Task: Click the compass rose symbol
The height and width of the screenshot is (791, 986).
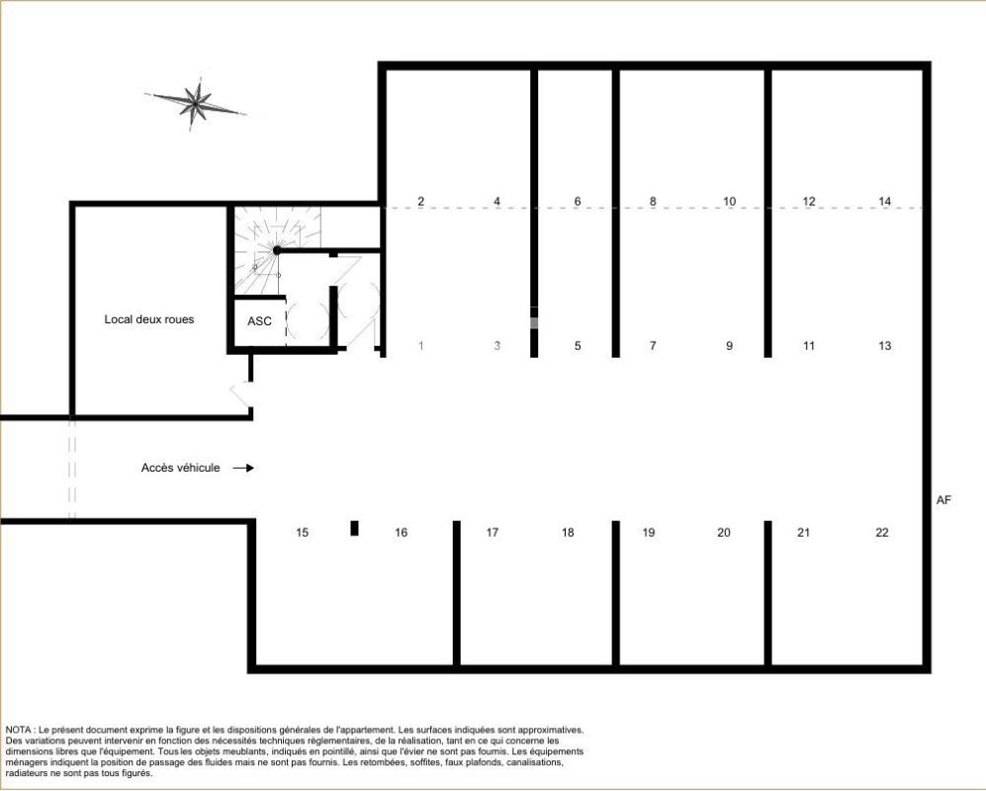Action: [196, 103]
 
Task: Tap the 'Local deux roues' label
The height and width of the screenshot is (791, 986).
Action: [149, 319]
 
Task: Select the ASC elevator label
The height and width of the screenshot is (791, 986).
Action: [260, 321]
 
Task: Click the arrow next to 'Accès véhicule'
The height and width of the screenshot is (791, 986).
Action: [243, 468]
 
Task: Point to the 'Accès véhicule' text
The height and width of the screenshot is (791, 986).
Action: [180, 468]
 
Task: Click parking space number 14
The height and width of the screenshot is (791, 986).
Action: [885, 201]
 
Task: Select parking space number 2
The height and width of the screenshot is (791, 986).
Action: [420, 201]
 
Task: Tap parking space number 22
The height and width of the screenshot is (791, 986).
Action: [882, 533]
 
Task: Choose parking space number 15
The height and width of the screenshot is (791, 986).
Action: [303, 533]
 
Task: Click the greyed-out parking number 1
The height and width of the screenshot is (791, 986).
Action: [420, 345]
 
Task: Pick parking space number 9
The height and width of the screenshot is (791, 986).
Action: [730, 345]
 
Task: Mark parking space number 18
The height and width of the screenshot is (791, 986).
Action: [568, 533]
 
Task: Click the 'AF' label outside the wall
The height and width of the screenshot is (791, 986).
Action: [943, 500]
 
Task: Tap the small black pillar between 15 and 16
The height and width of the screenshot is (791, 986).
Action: [355, 528]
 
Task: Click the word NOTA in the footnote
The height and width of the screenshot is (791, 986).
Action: [19, 730]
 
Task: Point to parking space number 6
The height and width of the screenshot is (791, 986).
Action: [578, 201]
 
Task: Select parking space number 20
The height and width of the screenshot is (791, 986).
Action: [724, 533]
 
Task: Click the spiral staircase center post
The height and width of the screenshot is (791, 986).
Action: [277, 250]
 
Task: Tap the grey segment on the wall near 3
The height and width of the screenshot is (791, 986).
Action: [534, 322]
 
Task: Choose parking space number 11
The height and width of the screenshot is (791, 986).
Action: [809, 345]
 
